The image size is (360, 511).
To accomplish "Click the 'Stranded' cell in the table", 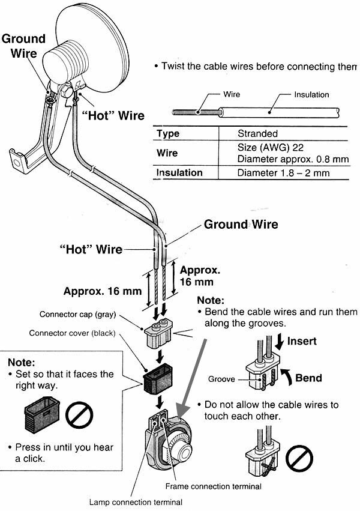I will (257, 133).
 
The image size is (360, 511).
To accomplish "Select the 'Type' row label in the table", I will (168, 133).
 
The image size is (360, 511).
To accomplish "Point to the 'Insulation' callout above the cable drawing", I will (311, 95).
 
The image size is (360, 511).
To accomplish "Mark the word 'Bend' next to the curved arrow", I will (308, 378).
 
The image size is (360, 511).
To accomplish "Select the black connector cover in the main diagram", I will (158, 379).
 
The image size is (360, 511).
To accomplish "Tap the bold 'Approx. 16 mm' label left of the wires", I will (102, 292).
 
